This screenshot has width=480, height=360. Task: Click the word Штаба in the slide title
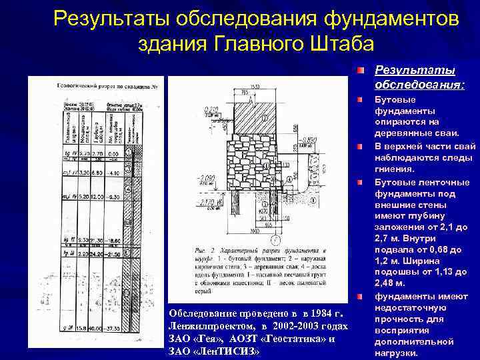pos(343,44)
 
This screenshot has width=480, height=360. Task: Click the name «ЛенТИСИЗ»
pos(231,351)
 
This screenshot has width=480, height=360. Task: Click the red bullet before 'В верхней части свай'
pos(361,146)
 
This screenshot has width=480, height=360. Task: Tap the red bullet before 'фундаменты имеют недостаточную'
pos(361,296)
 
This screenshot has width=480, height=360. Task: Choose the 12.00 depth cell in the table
pos(97,197)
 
